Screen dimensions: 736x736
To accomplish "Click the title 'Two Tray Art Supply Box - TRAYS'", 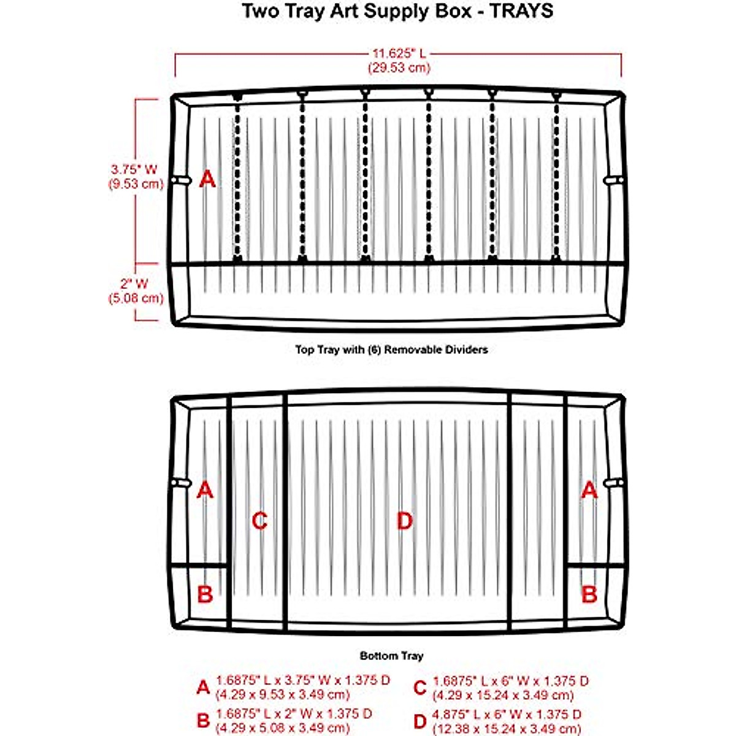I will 397,11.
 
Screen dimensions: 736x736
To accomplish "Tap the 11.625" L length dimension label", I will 399,54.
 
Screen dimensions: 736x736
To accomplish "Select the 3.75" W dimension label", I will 134,169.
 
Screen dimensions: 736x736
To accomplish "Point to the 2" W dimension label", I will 135,284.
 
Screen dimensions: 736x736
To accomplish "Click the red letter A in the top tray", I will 208,180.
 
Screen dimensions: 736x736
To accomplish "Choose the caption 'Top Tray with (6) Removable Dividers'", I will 391,350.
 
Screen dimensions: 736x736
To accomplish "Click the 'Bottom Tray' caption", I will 391,656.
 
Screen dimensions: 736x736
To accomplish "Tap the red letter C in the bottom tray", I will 260,521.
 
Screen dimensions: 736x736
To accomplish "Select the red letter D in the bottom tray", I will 404,521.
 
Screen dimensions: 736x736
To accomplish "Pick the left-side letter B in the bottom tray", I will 205,594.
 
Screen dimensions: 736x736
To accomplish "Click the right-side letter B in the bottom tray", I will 589,594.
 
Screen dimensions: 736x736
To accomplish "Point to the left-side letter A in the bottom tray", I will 205,490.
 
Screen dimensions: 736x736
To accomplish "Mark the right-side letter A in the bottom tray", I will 589,490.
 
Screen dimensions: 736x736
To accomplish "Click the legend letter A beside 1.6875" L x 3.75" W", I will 203,688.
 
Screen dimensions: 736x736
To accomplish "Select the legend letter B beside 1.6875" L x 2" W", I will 203,721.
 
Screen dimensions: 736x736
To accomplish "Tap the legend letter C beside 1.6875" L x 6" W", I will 420,688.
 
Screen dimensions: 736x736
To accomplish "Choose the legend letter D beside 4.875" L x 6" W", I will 420,721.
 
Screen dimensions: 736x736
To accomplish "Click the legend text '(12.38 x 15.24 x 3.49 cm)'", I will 507,728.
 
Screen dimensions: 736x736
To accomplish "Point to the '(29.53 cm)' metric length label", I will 399,67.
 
